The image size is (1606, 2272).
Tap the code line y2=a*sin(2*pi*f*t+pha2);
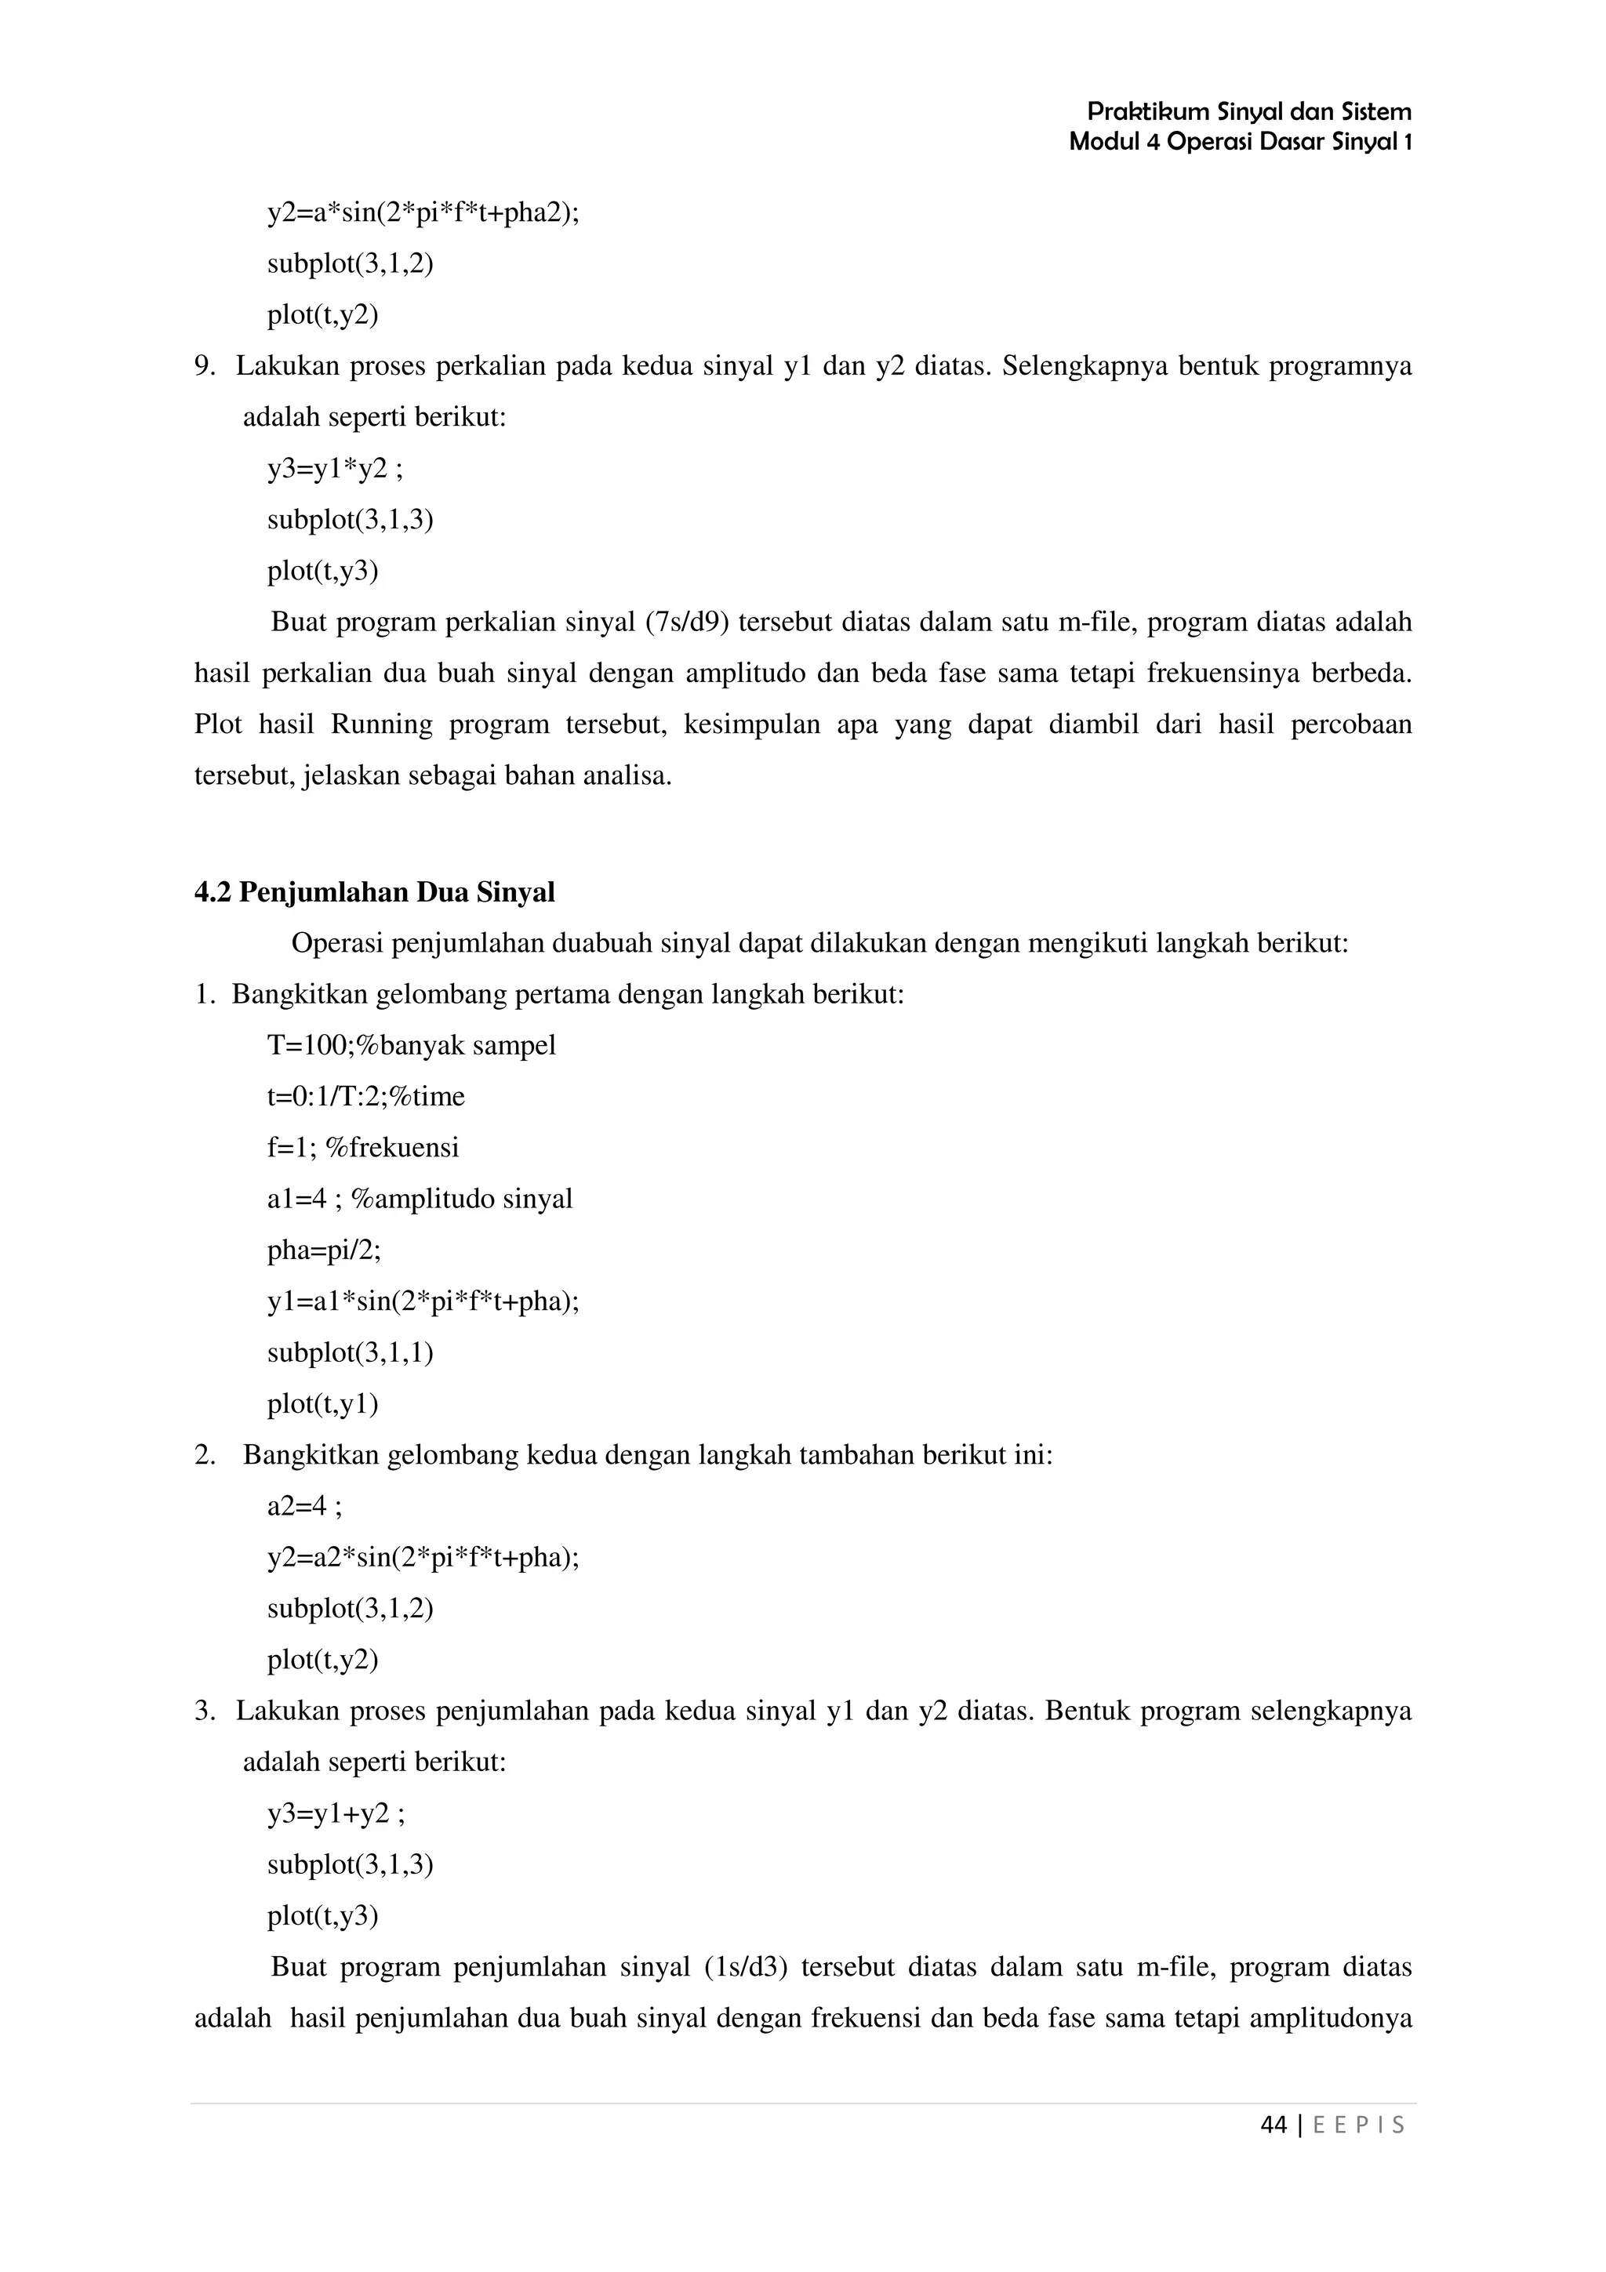tap(423, 212)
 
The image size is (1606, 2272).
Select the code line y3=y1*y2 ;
tap(335, 468)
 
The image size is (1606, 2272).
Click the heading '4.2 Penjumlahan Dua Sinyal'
tap(374, 892)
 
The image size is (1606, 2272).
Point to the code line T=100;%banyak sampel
tap(411, 1045)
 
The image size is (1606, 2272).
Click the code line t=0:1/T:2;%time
tap(365, 1097)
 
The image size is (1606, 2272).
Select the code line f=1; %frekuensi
tap(362, 1148)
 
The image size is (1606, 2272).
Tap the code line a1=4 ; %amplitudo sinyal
tap(420, 1200)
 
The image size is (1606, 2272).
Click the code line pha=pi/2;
tap(324, 1250)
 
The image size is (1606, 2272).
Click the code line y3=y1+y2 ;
tap(336, 1814)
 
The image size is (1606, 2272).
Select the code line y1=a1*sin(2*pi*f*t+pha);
tap(423, 1301)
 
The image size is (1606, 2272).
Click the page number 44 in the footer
tap(1274, 2125)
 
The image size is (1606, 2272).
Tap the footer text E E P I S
tap(1357, 2125)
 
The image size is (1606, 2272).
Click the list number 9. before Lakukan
tap(204, 366)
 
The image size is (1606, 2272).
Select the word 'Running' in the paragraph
tap(381, 724)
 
